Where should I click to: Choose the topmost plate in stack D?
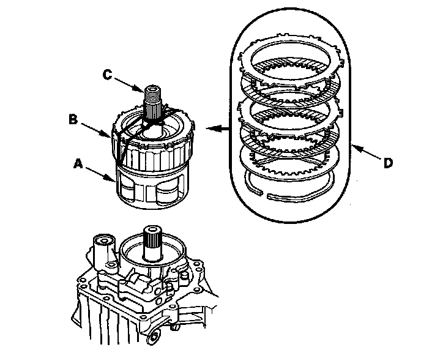coord(292,52)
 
